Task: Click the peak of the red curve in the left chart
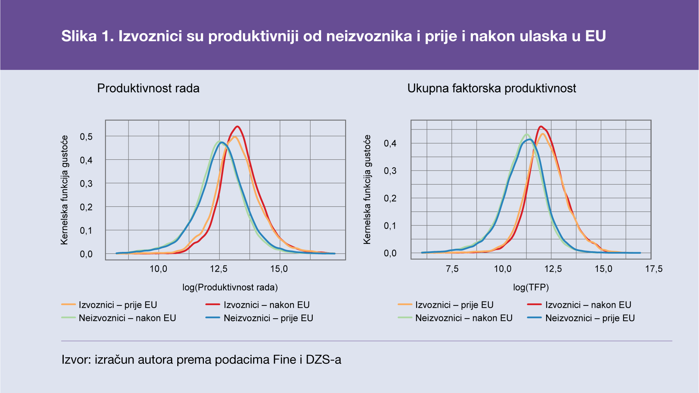[237, 127]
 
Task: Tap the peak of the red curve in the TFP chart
[541, 127]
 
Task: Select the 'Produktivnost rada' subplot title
[148, 88]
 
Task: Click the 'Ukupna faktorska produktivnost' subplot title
[491, 88]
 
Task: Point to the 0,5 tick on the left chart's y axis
[86, 137]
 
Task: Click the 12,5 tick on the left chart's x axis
[219, 269]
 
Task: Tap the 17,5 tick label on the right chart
[654, 269]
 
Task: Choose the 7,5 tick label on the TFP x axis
[452, 269]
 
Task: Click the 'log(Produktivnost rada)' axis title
[230, 287]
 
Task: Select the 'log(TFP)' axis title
[531, 287]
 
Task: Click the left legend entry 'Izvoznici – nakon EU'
[266, 305]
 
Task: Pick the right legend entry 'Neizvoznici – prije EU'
[590, 318]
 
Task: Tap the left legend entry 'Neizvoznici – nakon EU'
[127, 318]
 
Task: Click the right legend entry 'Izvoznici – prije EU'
[454, 305]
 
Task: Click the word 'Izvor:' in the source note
[76, 360]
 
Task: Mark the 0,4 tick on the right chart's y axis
[390, 143]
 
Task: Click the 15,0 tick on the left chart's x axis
[279, 269]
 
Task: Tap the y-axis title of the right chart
[367, 189]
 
